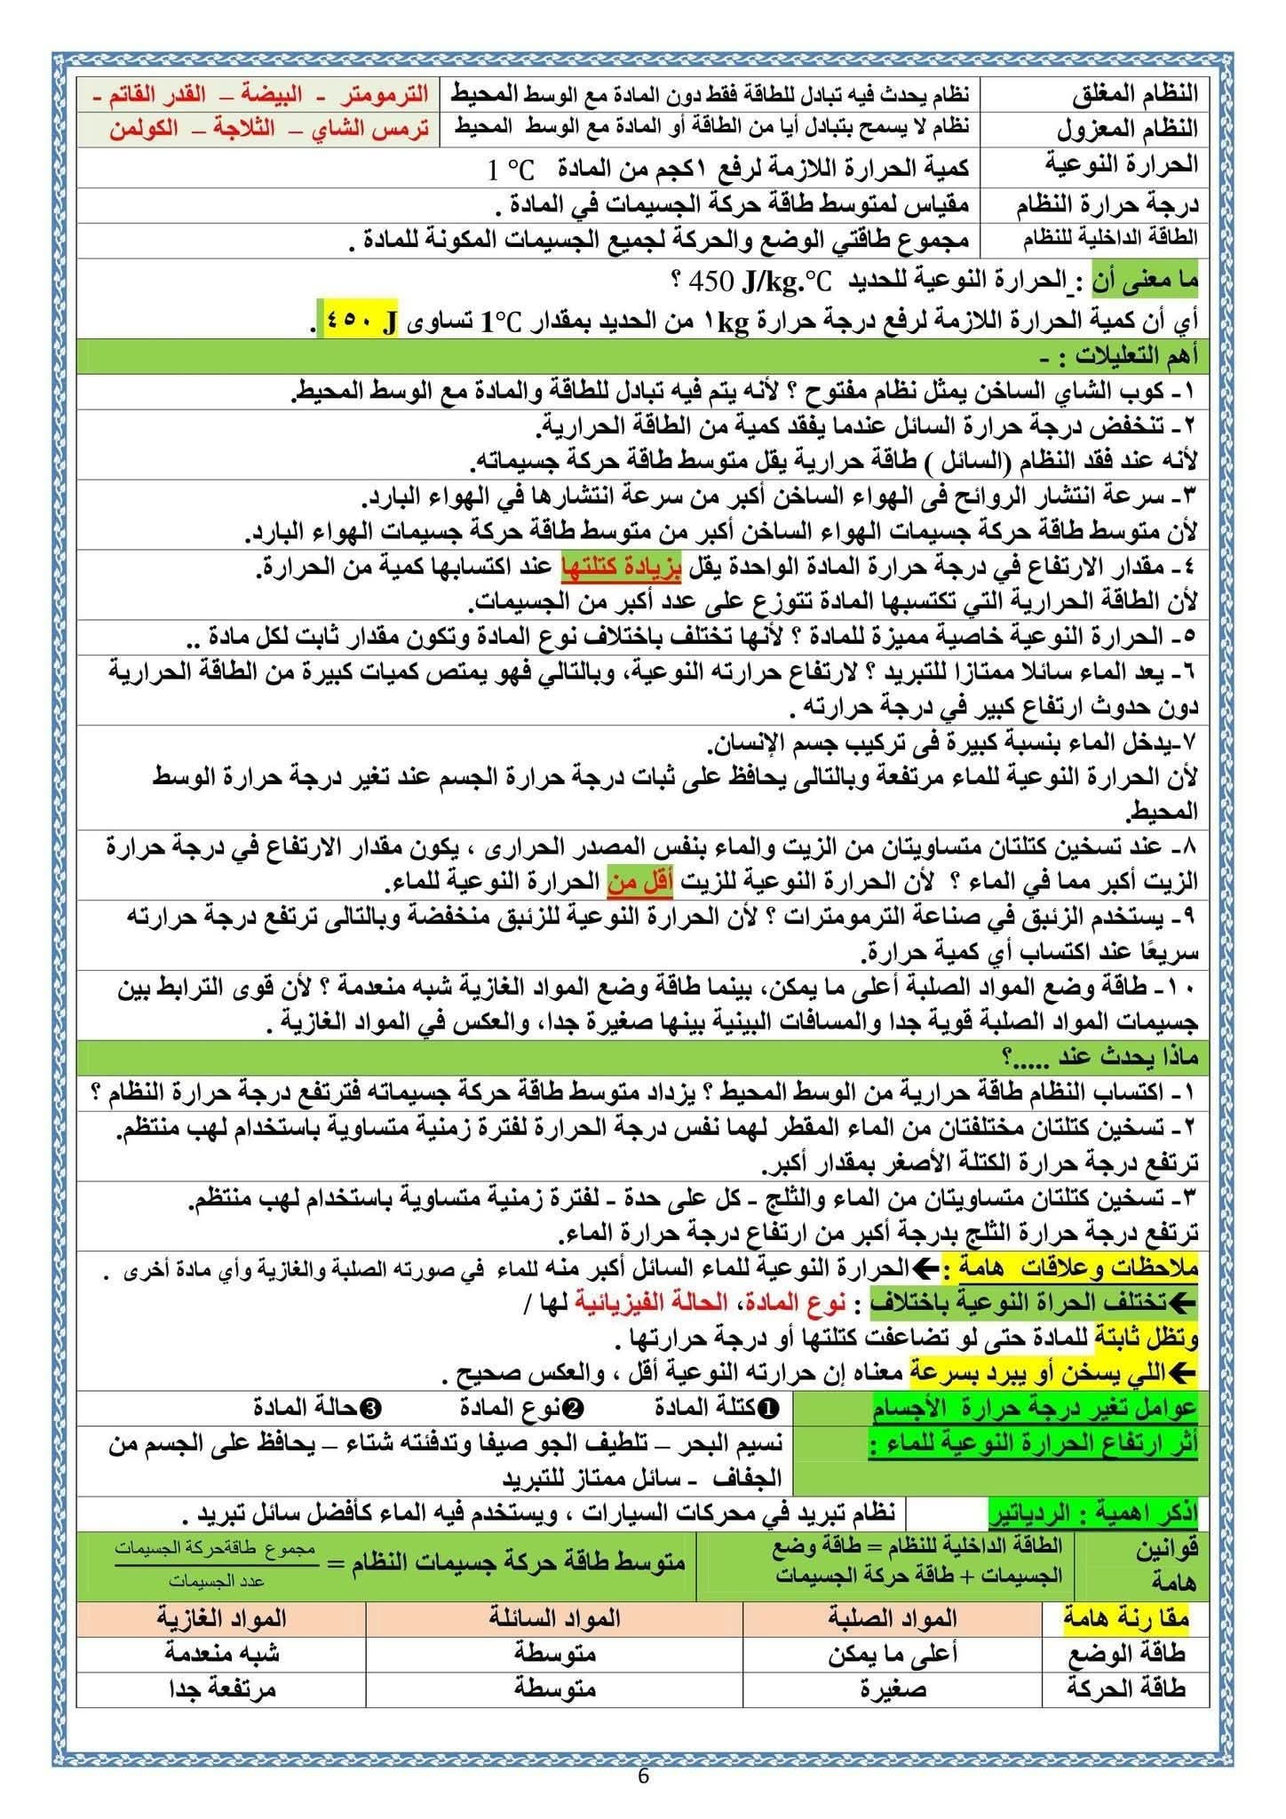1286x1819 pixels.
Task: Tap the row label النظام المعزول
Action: tap(1126, 129)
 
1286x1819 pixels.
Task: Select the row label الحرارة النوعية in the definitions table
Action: tap(1123, 165)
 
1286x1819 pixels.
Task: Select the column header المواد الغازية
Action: tap(221, 1617)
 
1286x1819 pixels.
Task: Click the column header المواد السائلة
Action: tap(554, 1617)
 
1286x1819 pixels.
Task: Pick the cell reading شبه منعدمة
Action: tap(221, 1653)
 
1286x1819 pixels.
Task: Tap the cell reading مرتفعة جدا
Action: tap(221, 1688)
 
